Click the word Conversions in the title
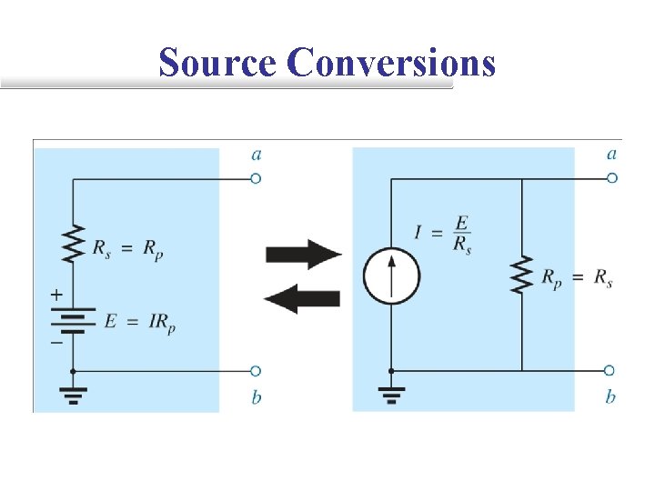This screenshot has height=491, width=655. [x=391, y=64]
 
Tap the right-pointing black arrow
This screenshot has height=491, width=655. [x=303, y=254]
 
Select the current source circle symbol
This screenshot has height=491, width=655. [x=391, y=274]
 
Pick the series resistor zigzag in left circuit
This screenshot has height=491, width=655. [x=73, y=244]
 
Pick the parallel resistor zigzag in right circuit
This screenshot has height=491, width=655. [x=521, y=275]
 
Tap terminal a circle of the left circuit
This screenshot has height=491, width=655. [x=256, y=179]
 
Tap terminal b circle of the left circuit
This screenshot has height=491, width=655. [x=256, y=371]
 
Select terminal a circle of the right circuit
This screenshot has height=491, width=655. [x=610, y=179]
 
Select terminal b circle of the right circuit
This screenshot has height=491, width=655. [x=610, y=371]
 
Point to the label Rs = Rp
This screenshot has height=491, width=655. [x=130, y=246]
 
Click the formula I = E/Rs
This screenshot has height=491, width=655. [x=442, y=235]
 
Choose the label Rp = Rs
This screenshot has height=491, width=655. [x=577, y=279]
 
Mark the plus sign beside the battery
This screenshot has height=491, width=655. [x=56, y=296]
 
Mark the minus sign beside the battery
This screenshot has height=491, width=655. [x=56, y=343]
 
